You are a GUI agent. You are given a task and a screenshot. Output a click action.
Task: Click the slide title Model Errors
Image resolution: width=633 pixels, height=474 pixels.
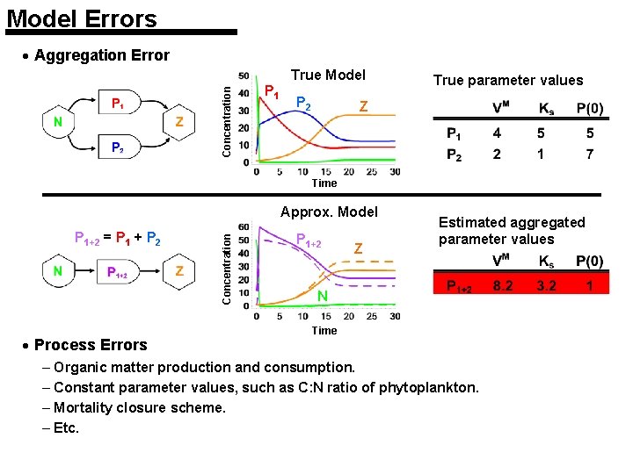pos(81,18)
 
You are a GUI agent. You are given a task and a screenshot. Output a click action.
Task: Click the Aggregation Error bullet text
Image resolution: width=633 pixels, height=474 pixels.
pos(101,55)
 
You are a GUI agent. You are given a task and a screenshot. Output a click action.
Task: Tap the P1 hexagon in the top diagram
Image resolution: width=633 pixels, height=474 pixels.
pos(117,103)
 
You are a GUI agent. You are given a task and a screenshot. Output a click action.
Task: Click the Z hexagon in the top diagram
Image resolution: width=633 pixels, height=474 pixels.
pos(178,122)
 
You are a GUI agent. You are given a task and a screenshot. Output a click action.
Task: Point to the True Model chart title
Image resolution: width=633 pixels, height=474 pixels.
pos(328,75)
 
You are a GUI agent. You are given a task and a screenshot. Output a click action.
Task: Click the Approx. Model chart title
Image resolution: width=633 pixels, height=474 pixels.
pos(329,212)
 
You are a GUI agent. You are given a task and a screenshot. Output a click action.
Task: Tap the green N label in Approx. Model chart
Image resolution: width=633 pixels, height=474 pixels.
pos(323,297)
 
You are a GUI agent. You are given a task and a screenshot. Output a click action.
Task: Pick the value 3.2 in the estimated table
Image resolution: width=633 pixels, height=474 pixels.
pos(546,285)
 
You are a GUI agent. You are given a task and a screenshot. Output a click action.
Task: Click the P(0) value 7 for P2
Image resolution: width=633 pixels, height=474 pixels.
pos(589,154)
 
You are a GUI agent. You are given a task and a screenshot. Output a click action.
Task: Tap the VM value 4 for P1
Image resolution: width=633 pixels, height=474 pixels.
pos(497,133)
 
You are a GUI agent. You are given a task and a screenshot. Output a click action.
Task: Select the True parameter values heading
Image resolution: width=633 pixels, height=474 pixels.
pos(508,81)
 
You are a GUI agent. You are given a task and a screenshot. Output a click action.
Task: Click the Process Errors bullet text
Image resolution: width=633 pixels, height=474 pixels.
pos(91,345)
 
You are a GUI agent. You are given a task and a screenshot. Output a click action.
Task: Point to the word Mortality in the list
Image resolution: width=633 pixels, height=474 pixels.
pos(84,407)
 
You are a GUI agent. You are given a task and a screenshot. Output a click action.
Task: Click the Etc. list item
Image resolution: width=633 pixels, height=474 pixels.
pos(67,427)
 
